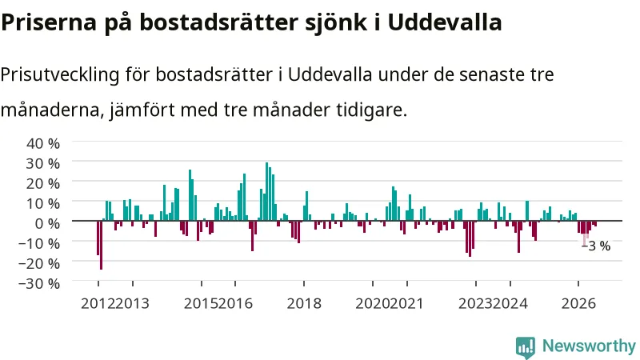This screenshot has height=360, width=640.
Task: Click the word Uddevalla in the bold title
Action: pos(445,22)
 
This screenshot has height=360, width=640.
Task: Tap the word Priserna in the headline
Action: pos(49,22)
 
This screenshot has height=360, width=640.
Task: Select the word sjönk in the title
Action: pos(336,23)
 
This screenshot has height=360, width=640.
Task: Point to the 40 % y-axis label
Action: pos(43,144)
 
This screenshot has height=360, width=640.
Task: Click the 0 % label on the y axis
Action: pos(48,223)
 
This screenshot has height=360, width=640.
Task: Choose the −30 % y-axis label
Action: pos(39,283)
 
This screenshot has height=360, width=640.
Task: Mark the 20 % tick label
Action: pos(43,184)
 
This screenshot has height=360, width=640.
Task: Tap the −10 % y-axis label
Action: pos(39,243)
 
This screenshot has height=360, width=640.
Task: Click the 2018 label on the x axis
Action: pos(304,304)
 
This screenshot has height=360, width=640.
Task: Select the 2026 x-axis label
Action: pos(578,304)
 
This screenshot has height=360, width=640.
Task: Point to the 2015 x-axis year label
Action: pos(201,304)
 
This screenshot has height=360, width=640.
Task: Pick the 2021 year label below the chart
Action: pos(406,304)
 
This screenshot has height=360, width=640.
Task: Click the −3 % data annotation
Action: pos(596,246)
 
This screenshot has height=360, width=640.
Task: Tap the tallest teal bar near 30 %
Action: pos(267,191)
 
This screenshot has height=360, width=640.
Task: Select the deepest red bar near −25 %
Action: pos(102,245)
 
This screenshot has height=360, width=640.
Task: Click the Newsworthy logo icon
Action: pos(526,347)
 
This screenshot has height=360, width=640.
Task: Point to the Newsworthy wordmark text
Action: pos(589,346)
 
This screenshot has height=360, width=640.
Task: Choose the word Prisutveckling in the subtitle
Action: pos(60,74)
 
